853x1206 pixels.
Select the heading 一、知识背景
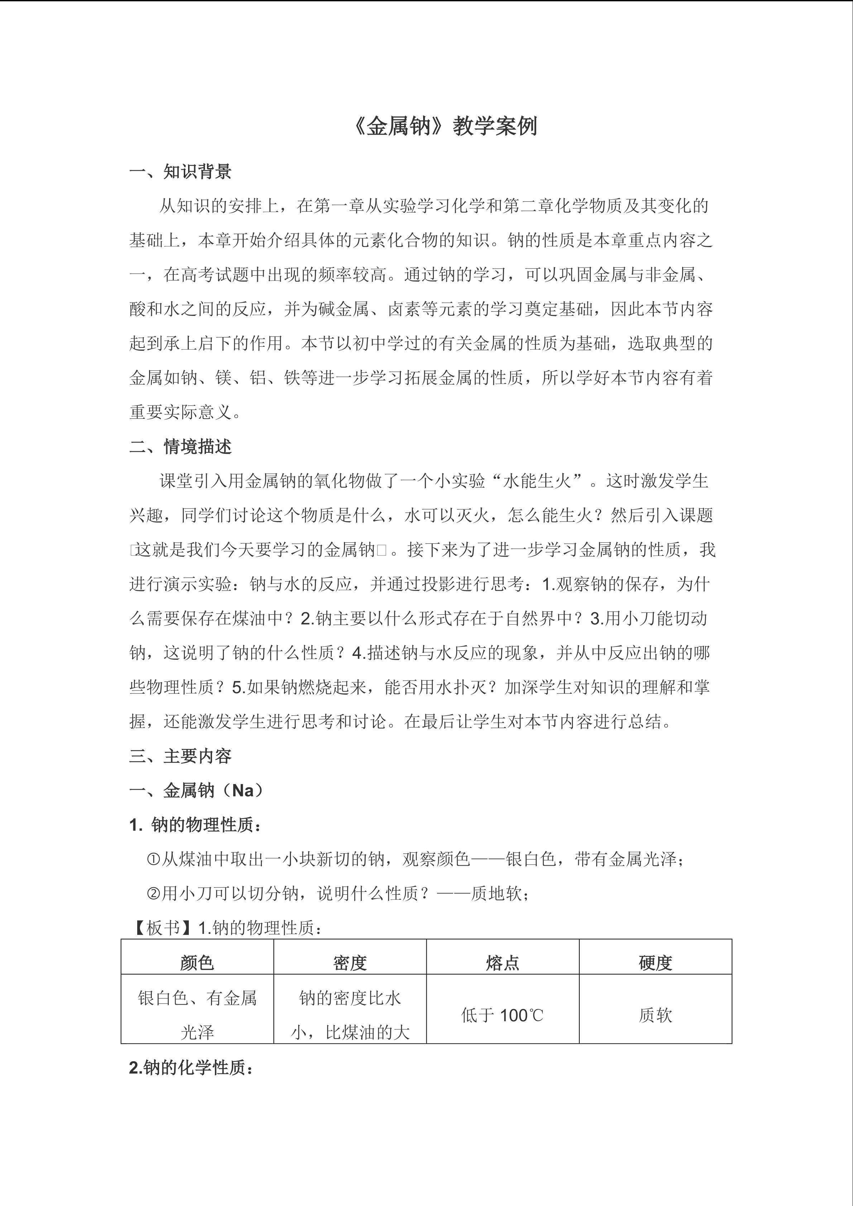point(180,172)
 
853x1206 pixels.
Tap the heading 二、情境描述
point(180,447)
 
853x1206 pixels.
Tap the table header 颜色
point(197,963)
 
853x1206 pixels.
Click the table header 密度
point(350,963)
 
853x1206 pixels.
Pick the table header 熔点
point(503,963)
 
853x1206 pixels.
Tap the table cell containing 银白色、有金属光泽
point(197,1015)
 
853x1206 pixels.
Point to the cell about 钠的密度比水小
point(350,1015)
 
